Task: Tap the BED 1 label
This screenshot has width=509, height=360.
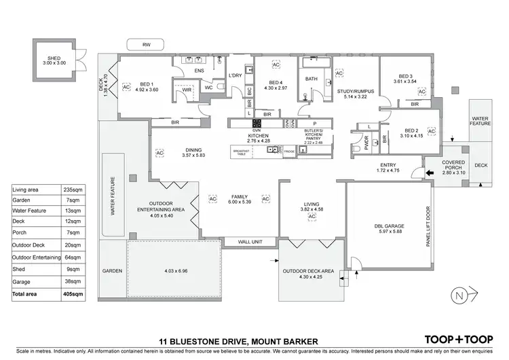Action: point(147,86)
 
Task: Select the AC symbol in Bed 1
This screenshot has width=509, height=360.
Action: point(126,87)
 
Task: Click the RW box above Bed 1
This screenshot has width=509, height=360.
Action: point(147,45)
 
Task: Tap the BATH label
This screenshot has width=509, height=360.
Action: point(312,79)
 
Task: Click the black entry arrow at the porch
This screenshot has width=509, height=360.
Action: point(428,174)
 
